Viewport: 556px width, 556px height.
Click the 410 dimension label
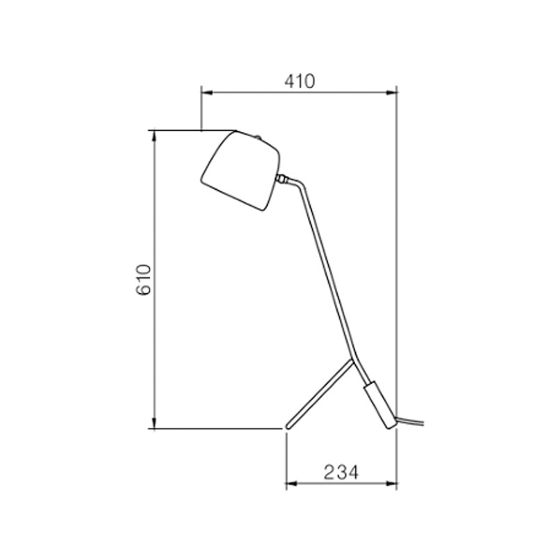(x=300, y=81)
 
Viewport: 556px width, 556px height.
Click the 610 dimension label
(x=144, y=279)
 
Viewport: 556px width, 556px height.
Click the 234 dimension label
(x=341, y=472)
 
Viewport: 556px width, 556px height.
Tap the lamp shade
(x=240, y=171)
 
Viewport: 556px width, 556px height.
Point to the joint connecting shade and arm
(x=282, y=179)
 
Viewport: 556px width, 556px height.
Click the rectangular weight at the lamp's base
(x=379, y=405)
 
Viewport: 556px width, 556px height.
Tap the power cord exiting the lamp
(x=410, y=421)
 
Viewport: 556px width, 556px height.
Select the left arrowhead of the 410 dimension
(x=206, y=92)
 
